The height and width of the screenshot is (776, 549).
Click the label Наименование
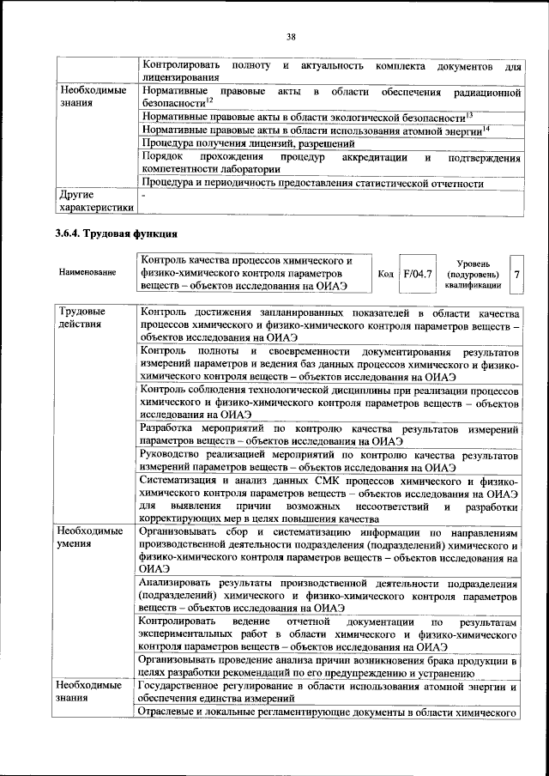coord(87,273)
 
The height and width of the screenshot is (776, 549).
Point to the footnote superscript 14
coord(486,127)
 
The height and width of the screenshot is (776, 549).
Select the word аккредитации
coord(376,158)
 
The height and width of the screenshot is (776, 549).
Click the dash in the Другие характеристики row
coord(144,196)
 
